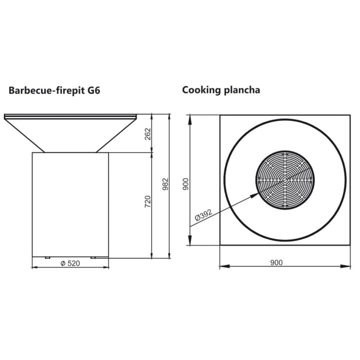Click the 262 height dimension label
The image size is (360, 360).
pyautogui.click(x=148, y=134)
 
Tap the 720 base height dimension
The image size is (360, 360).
pyautogui.click(x=148, y=201)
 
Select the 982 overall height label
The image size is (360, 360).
pyautogui.click(x=165, y=184)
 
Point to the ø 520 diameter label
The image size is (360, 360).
pyautogui.click(x=70, y=263)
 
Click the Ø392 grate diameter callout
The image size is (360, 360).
pyautogui.click(x=203, y=214)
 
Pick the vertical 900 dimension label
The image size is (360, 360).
pyautogui.click(x=185, y=184)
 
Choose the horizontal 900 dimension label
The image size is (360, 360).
pyautogui.click(x=276, y=262)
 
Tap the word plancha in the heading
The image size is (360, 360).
pyautogui.click(x=242, y=90)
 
